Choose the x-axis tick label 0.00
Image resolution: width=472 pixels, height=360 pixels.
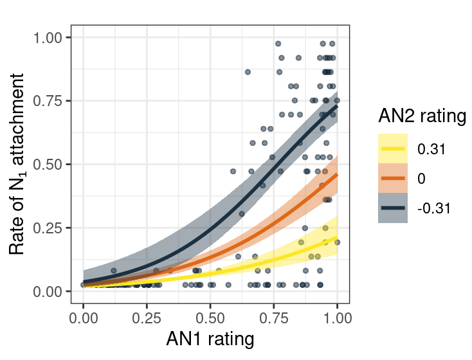pos(83,317)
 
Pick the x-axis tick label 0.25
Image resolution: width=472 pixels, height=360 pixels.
pos(147,317)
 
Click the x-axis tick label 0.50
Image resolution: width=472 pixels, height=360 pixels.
pos(210,317)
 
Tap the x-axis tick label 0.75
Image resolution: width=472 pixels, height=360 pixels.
pos(273,317)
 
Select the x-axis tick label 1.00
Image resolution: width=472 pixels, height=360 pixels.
pos(336,317)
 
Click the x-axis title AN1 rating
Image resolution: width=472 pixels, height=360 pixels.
pos(210,339)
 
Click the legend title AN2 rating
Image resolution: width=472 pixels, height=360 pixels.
pos(422,116)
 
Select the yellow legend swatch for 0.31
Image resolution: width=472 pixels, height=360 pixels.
pos(393,148)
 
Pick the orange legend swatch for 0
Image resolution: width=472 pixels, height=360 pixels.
pos(393,178)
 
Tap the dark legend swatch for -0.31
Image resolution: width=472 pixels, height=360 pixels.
pos(393,208)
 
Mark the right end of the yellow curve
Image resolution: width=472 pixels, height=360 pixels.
pos(337,238)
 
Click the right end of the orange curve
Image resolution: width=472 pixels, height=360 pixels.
pos(337,174)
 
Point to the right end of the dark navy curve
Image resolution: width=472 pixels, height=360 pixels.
pos(337,106)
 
